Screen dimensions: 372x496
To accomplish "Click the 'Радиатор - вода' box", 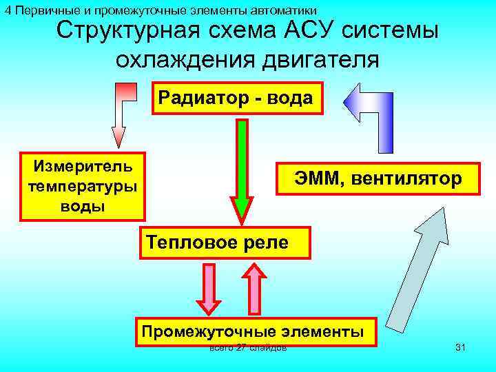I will click(x=236, y=98).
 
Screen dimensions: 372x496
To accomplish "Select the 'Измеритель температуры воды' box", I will click(x=83, y=186).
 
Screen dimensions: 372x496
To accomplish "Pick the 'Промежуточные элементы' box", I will click(x=253, y=331).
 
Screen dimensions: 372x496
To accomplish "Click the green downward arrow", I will click(x=242, y=169).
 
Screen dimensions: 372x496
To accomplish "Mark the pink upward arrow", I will click(x=254, y=289).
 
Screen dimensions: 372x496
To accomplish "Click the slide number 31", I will click(x=460, y=348).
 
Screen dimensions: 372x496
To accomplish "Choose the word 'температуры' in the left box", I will click(x=83, y=187).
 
